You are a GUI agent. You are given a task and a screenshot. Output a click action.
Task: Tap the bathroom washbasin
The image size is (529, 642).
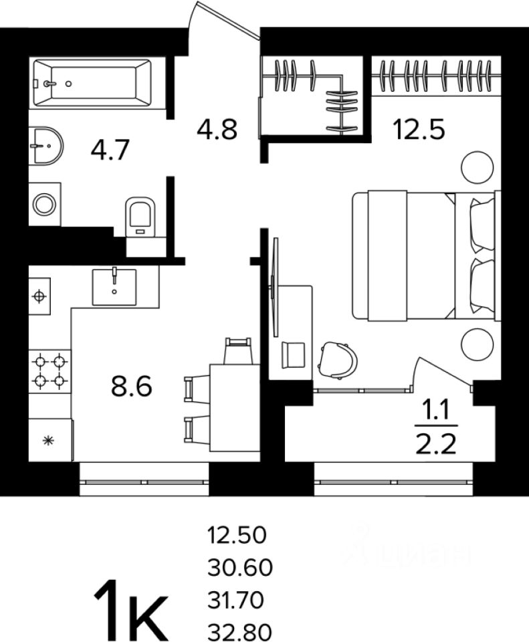point(45,144)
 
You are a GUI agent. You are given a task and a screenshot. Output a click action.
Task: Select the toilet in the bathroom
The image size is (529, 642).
point(140,215)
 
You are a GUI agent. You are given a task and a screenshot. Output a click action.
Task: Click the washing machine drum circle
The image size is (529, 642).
point(45,204)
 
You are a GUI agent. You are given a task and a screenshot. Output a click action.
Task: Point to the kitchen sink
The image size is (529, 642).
point(114,287)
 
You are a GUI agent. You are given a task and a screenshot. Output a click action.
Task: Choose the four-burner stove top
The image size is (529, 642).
point(50,370)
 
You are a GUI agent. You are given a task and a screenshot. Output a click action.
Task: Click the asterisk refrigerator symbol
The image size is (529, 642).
point(48,440)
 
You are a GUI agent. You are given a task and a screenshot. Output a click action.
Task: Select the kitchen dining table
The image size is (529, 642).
point(234,407)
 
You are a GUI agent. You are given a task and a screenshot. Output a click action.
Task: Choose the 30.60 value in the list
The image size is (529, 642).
point(240,568)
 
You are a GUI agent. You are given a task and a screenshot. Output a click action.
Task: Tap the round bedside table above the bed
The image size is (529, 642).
point(477,166)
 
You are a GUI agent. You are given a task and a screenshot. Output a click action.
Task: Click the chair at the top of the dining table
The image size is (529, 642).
point(239,350)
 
